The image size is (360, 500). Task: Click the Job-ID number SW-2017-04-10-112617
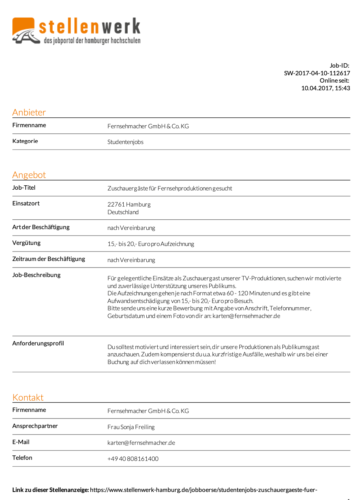(x=317, y=73)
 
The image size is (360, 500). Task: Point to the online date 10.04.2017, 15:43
(x=325, y=88)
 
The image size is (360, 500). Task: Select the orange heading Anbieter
(x=29, y=112)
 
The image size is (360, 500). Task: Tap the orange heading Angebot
(x=29, y=175)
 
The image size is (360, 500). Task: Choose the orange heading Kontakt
(x=28, y=397)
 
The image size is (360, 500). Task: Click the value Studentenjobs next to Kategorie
(x=125, y=142)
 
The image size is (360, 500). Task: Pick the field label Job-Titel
(x=24, y=187)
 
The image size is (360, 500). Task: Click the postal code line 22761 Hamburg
(x=129, y=204)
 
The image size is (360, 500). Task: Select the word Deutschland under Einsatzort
(x=123, y=212)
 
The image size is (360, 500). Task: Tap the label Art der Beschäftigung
(x=41, y=227)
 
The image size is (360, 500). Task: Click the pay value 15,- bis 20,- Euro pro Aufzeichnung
(x=150, y=244)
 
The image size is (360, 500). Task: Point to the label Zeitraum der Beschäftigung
(x=48, y=259)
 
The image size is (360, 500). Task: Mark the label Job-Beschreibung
(x=36, y=275)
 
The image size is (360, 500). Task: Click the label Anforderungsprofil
(x=38, y=343)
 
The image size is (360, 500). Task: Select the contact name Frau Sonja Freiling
(x=131, y=427)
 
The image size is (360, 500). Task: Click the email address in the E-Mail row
(x=141, y=443)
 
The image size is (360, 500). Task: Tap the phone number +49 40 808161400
(x=133, y=459)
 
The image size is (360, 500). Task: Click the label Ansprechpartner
(x=35, y=426)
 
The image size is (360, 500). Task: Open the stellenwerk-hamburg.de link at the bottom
(x=203, y=490)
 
